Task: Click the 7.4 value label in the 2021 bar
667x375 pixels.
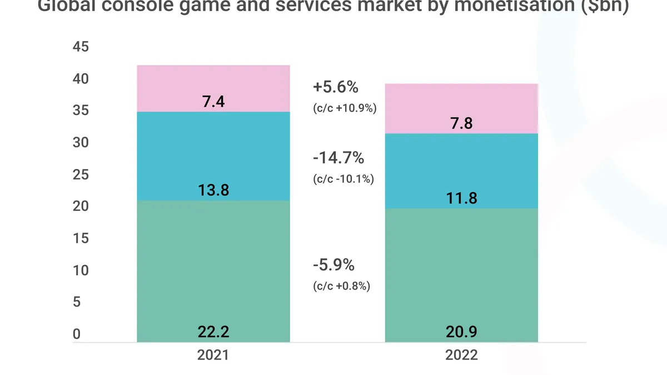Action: pos(213,102)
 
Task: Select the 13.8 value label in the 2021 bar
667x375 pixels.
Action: pos(213,191)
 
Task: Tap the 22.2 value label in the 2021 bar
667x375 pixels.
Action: pos(213,332)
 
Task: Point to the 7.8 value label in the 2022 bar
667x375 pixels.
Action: pos(461,123)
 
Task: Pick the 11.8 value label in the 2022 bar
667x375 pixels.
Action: pos(461,198)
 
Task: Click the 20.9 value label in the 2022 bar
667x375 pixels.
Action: pos(461,332)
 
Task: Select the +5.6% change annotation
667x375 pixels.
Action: pos(336,88)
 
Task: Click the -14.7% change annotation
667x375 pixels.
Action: pos(338,158)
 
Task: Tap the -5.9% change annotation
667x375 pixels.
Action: pos(333,266)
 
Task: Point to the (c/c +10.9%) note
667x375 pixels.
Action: pos(345,108)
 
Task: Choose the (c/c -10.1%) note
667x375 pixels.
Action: pos(344,179)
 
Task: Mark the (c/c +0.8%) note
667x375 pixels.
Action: pos(341,286)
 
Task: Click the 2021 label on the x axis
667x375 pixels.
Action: pos(213,356)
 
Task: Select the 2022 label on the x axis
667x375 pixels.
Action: pos(461,356)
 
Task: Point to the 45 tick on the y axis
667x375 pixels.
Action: pos(81,47)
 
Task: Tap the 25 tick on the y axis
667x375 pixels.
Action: pos(81,175)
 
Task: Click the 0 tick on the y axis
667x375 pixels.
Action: pos(77,334)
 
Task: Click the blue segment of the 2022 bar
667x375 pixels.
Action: pos(461,167)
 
